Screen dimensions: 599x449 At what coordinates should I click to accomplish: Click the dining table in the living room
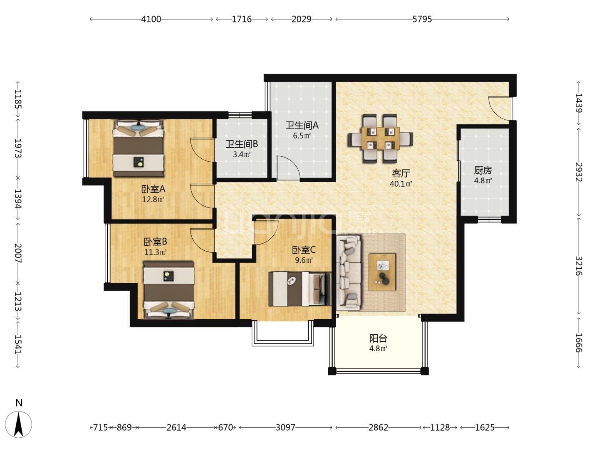point(380,138)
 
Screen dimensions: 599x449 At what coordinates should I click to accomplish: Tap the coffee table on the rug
point(382,272)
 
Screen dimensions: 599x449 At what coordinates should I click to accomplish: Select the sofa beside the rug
point(348,273)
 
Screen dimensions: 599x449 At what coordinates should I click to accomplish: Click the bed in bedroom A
point(139,148)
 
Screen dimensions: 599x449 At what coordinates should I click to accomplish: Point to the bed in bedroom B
point(169,290)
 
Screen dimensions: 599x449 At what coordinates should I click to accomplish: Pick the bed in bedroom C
point(299,289)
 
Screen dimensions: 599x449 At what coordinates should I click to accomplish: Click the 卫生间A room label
point(302,126)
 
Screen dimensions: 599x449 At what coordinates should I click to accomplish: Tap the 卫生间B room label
point(242,144)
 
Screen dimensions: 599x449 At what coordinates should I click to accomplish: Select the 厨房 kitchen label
point(483,170)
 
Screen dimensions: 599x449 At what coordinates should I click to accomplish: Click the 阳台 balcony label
point(378,338)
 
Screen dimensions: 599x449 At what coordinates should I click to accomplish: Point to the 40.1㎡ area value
point(401,184)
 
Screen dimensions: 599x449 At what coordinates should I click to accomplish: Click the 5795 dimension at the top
point(422,19)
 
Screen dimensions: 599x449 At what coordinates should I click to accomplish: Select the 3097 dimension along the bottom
point(285,427)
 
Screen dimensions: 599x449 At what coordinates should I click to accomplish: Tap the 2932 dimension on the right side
point(579,172)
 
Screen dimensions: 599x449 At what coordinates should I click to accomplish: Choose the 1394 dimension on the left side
point(18,199)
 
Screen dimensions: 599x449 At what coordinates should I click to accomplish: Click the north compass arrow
point(19,424)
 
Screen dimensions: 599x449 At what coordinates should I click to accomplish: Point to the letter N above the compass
point(19,403)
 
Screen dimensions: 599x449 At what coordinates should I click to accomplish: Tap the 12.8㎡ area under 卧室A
point(153,200)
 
